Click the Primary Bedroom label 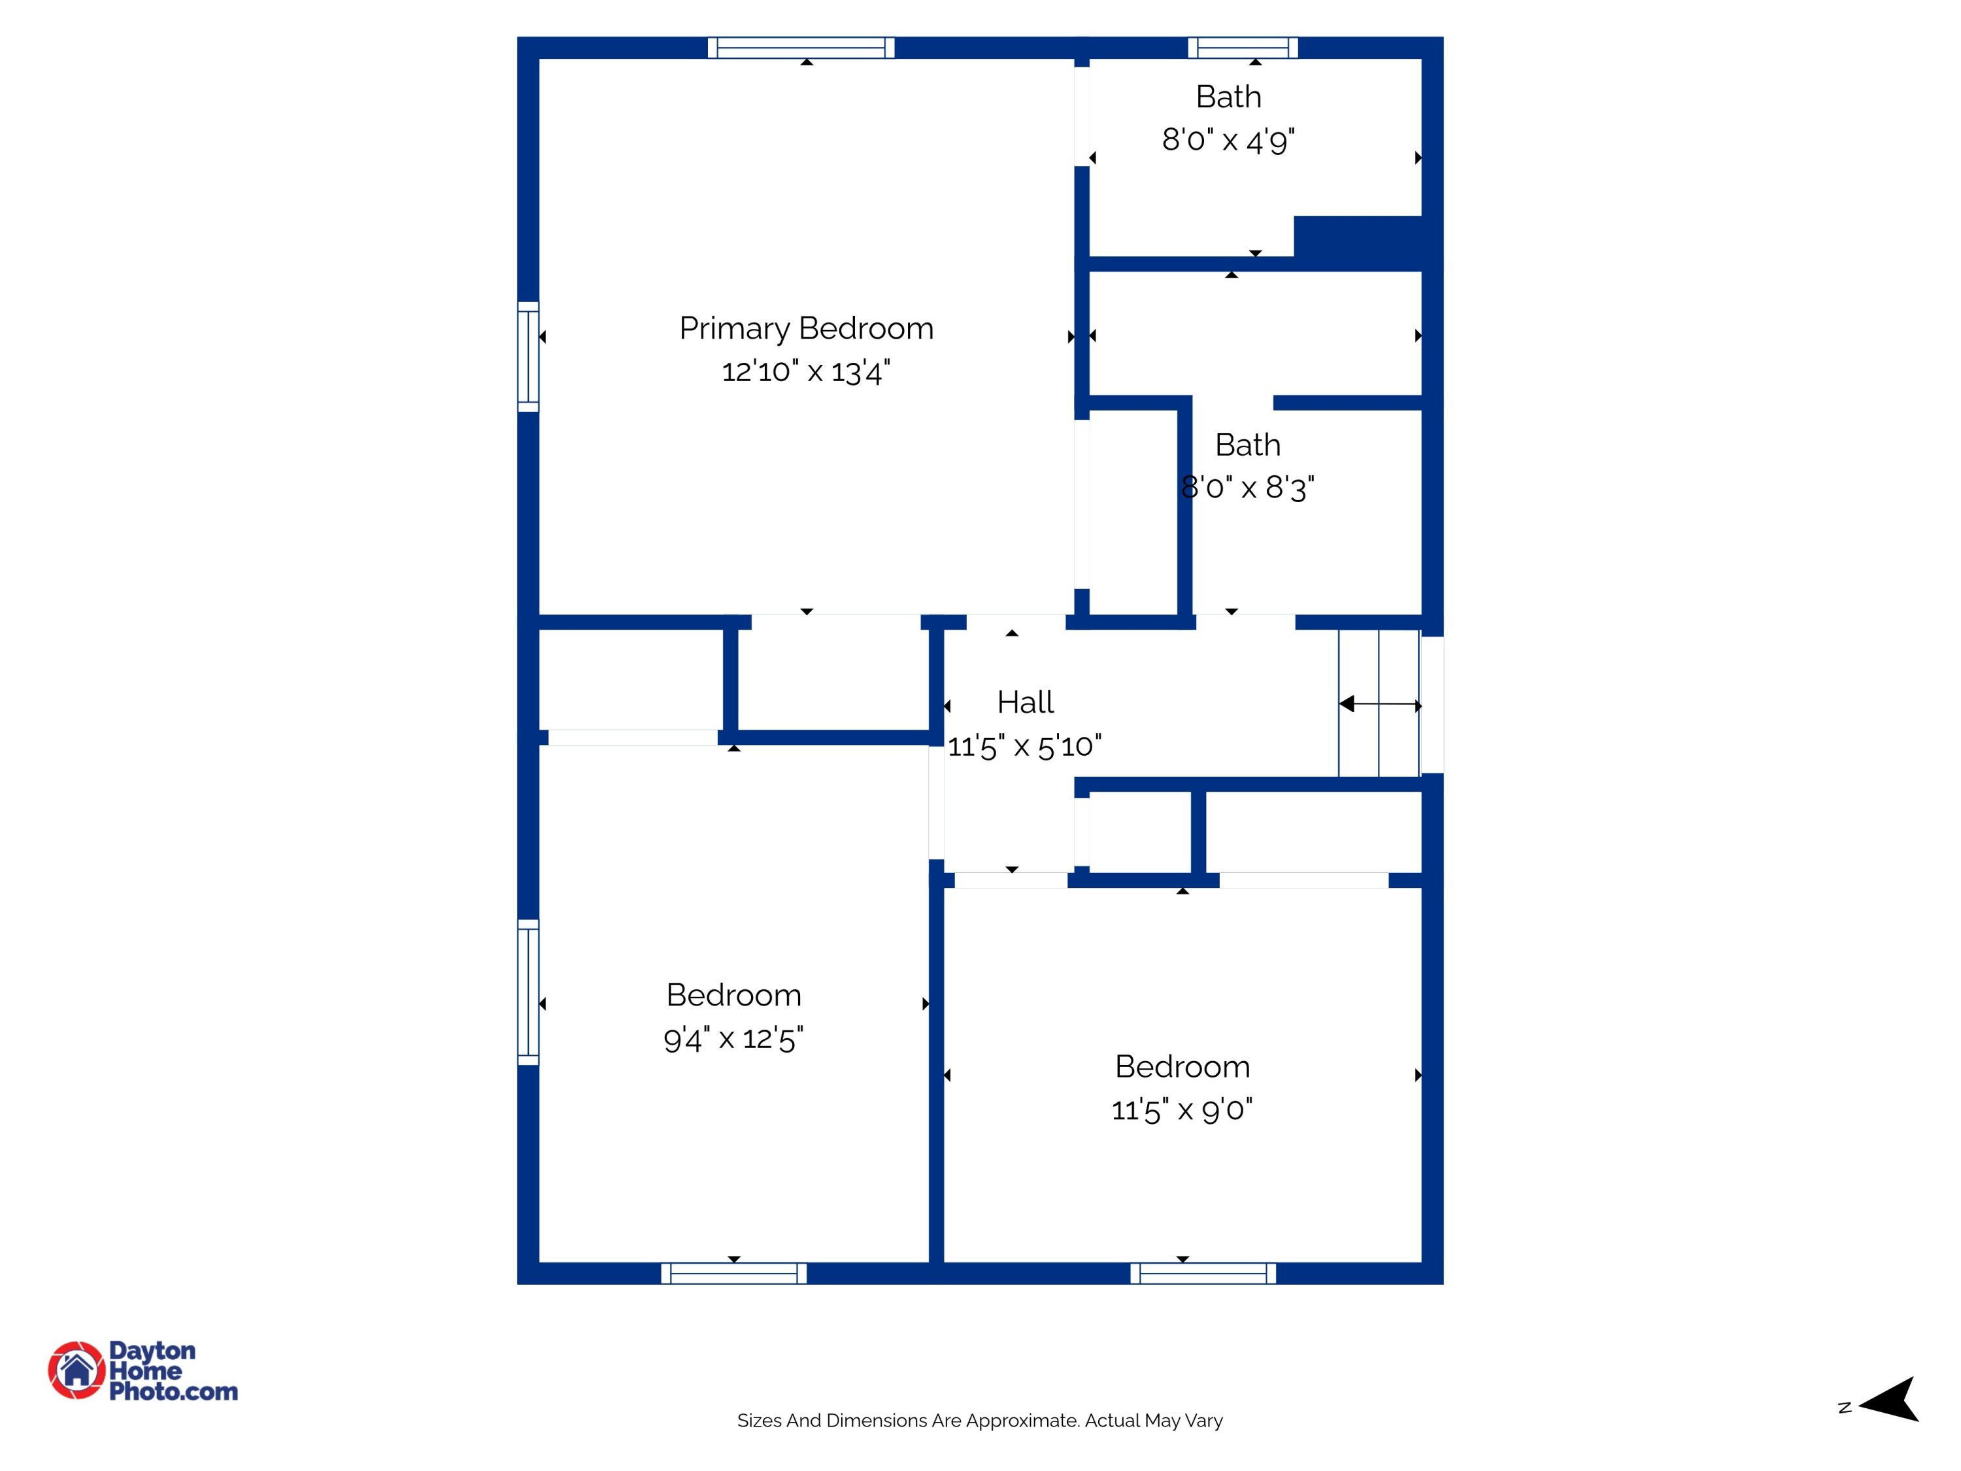pyautogui.click(x=806, y=329)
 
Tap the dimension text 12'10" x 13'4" pyautogui.click(x=806, y=371)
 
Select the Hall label pyautogui.click(x=1025, y=703)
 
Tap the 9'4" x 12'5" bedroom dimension pyautogui.click(x=733, y=1038)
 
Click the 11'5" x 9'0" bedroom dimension pyautogui.click(x=1182, y=1110)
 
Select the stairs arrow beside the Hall pyautogui.click(x=1379, y=705)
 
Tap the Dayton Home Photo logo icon pyautogui.click(x=76, y=1370)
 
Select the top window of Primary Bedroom pyautogui.click(x=801, y=48)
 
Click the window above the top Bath pyautogui.click(x=1242, y=48)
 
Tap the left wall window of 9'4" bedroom pyautogui.click(x=528, y=992)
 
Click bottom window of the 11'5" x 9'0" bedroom pyautogui.click(x=1203, y=1274)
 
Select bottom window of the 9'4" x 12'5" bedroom pyautogui.click(x=733, y=1274)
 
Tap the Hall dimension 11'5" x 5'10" pyautogui.click(x=1025, y=747)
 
